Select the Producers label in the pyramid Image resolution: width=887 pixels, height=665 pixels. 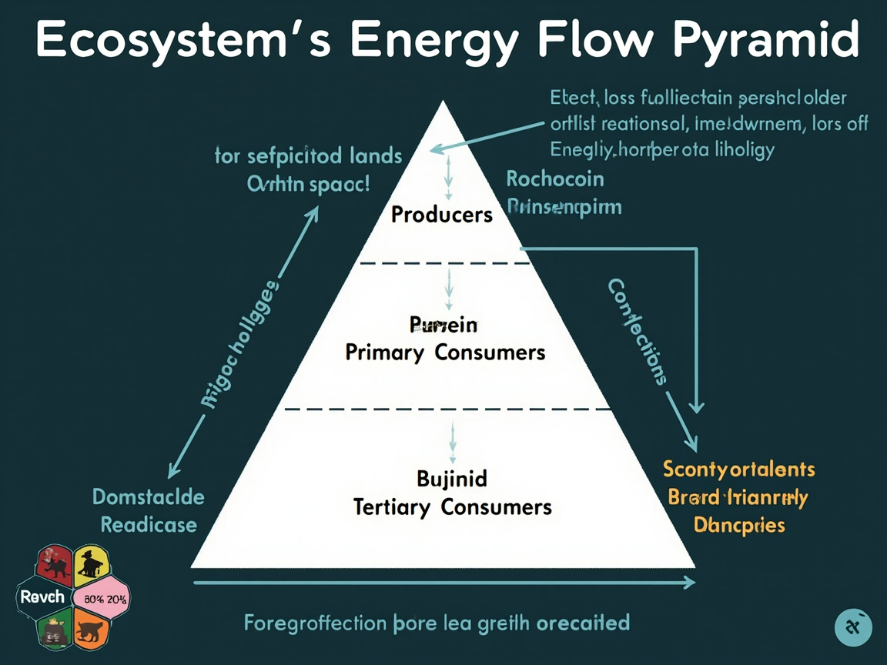[x=442, y=214]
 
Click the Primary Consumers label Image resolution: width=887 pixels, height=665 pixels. [x=445, y=353]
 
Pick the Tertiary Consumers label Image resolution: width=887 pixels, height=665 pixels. [x=452, y=507]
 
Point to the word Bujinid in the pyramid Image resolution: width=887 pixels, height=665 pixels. [x=452, y=479]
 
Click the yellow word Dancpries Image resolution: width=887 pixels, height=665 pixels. [x=739, y=526]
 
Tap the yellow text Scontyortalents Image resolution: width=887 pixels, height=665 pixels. [x=739, y=470]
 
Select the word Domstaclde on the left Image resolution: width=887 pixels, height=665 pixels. [x=149, y=496]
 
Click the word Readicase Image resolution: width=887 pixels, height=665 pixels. [x=149, y=525]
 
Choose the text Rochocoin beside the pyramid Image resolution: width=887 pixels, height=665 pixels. [x=555, y=179]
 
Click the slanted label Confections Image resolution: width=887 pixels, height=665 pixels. [x=636, y=331]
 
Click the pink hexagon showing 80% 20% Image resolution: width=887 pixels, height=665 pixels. [x=100, y=598]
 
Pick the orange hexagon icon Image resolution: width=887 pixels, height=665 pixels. [x=91, y=630]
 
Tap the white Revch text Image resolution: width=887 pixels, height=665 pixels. [x=37, y=597]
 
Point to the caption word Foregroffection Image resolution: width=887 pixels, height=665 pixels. [x=314, y=622]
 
